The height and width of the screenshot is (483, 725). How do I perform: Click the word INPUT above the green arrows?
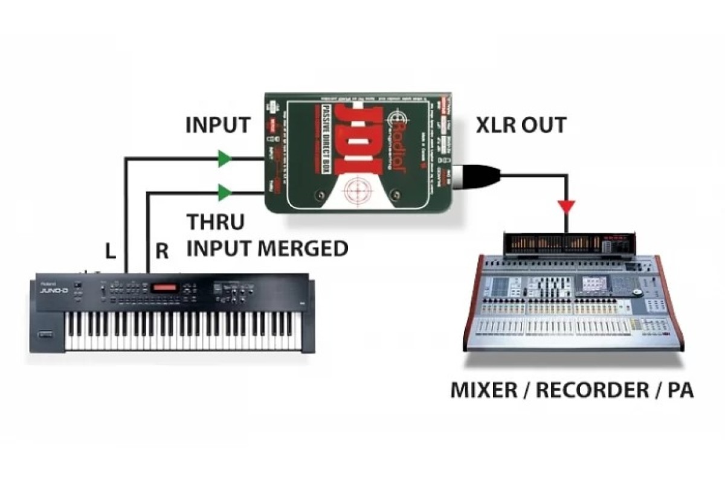[x=217, y=126]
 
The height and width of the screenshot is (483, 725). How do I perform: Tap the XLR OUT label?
[x=520, y=126]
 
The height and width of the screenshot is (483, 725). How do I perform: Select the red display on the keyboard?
[x=167, y=287]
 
